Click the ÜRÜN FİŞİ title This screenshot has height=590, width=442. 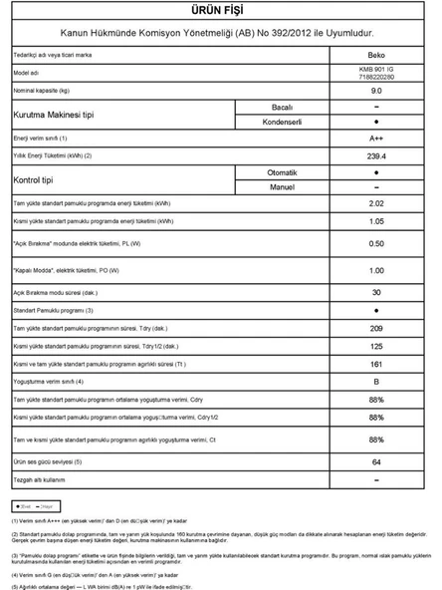pyautogui.click(x=221, y=10)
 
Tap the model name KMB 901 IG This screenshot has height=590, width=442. pyautogui.click(x=376, y=71)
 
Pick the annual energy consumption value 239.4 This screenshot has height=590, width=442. pyautogui.click(x=376, y=155)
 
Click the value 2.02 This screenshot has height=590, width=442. pyautogui.click(x=376, y=203)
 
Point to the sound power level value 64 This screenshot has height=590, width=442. pyautogui.click(x=376, y=462)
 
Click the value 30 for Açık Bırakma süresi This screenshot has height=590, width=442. pyautogui.click(x=376, y=292)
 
